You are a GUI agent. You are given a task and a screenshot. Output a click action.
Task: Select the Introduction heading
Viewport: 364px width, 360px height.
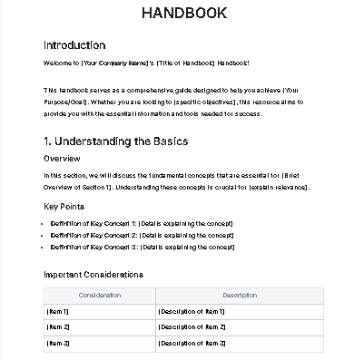(74, 45)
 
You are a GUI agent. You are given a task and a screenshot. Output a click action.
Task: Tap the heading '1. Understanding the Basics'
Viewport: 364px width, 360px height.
(115, 141)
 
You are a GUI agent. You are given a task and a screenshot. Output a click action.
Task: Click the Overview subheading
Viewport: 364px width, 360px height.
(62, 159)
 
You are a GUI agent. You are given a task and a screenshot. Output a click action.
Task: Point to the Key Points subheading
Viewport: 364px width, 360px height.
(64, 207)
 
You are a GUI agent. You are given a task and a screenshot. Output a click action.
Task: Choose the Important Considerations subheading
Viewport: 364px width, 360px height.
(93, 274)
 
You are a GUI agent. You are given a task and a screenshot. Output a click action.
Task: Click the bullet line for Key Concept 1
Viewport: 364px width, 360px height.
(143, 223)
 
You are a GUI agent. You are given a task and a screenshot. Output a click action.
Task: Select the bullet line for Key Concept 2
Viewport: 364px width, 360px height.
(143, 235)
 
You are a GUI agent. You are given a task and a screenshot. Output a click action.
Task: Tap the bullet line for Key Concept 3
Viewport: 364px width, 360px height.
(143, 246)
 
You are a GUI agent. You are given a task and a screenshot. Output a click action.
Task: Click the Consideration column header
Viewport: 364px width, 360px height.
(100, 296)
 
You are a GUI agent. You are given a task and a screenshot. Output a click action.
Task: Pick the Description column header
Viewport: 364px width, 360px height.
(240, 296)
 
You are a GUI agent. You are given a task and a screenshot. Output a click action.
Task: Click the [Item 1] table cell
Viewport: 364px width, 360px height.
(58, 312)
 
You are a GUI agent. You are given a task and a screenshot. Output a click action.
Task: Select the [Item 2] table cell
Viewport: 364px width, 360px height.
(58, 327)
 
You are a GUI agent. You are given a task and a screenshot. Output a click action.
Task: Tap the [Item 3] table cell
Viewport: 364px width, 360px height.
(58, 343)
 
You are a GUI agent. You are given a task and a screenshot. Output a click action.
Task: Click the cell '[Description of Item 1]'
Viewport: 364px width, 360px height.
(192, 312)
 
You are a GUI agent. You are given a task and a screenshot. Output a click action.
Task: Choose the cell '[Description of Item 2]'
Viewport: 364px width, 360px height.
(192, 327)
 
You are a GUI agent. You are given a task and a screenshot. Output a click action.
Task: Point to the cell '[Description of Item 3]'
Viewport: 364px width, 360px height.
(192, 343)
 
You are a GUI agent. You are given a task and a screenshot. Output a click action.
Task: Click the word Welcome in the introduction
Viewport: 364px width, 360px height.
(57, 63)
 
